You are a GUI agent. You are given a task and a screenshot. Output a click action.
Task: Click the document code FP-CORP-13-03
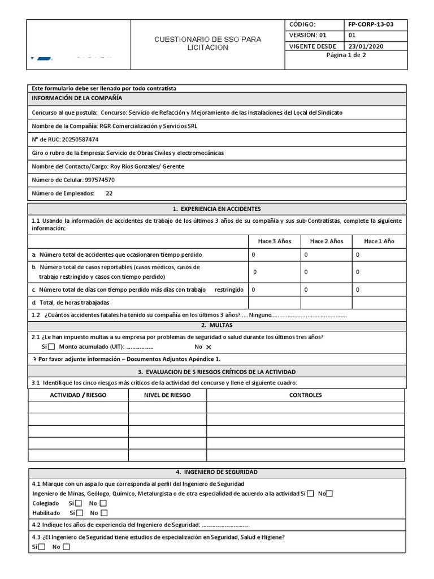(x=371, y=25)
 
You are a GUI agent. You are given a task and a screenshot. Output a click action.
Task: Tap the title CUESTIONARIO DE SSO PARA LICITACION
(x=209, y=44)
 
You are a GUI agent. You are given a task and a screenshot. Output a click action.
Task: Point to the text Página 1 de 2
(x=346, y=55)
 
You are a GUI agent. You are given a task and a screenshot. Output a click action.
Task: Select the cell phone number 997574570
(x=99, y=180)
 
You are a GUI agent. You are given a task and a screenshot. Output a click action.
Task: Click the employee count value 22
(x=109, y=193)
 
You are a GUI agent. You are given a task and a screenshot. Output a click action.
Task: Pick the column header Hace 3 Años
(x=274, y=241)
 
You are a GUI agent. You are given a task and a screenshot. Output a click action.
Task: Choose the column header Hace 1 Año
(x=379, y=241)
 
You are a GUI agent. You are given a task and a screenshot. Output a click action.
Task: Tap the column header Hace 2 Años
(x=326, y=241)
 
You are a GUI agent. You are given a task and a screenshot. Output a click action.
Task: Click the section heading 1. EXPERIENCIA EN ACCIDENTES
(x=217, y=209)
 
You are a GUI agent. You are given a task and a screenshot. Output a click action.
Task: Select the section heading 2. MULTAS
(x=217, y=326)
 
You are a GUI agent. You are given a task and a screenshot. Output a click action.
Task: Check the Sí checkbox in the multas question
(x=51, y=347)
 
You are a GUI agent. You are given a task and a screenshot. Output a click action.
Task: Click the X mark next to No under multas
(x=209, y=347)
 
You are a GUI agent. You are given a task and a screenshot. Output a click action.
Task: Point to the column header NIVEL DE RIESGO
(x=167, y=395)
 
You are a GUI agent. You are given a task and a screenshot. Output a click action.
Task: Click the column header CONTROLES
(x=305, y=395)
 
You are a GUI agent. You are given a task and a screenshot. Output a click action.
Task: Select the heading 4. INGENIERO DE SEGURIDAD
(x=217, y=472)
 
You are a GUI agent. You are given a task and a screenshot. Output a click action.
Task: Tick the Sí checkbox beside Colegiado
(x=79, y=503)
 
